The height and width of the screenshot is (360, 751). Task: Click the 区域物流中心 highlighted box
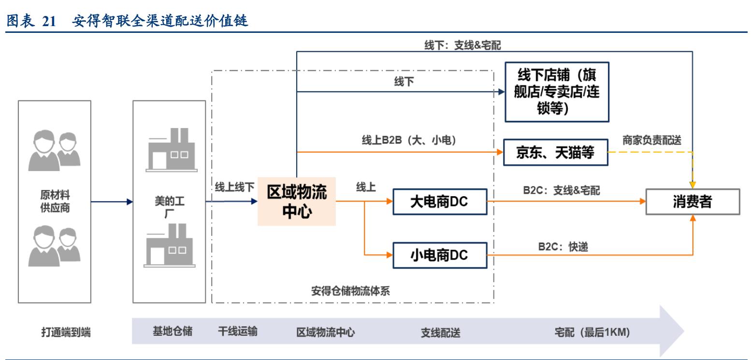click(297, 202)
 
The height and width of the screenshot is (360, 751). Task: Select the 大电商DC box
click(439, 202)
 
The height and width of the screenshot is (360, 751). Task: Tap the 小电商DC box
click(439, 255)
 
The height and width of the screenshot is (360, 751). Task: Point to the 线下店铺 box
click(557, 92)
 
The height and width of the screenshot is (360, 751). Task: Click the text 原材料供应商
click(54, 202)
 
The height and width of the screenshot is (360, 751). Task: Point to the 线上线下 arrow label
click(234, 188)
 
